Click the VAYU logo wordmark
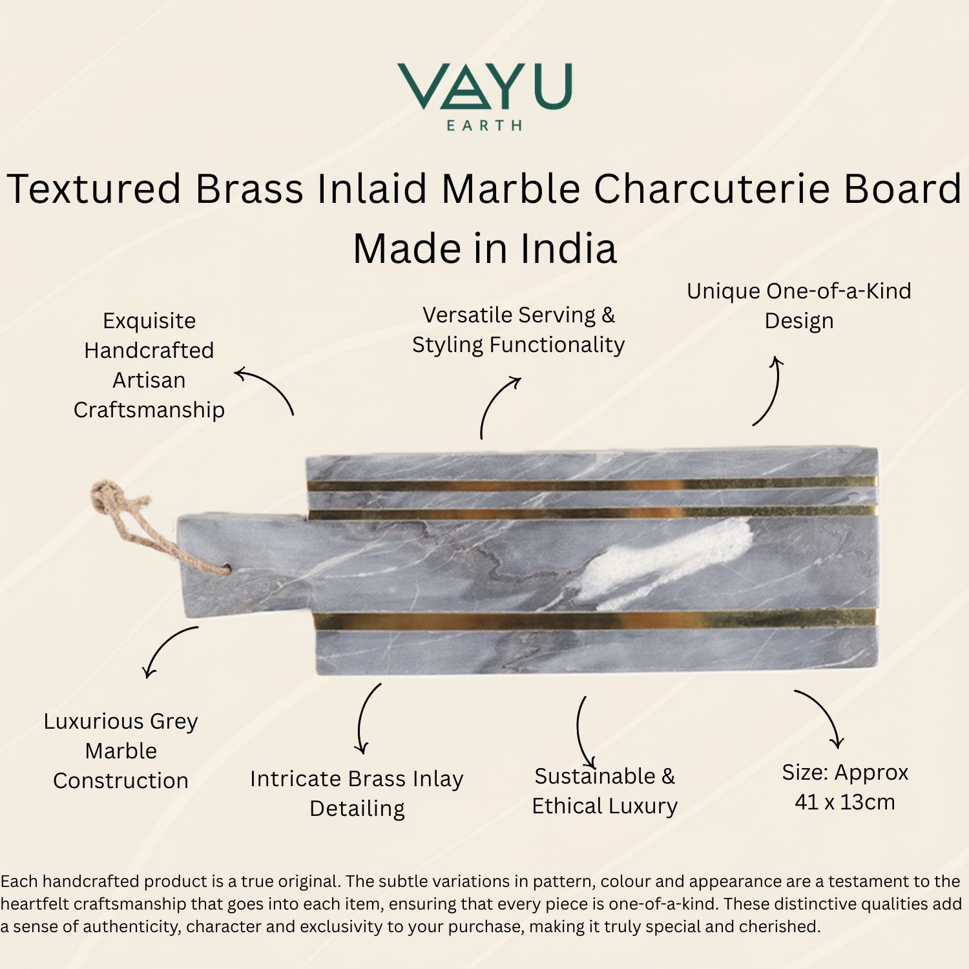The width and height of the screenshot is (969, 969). click(484, 86)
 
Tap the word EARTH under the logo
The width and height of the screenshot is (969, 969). click(484, 125)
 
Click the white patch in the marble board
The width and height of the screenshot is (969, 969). click(665, 562)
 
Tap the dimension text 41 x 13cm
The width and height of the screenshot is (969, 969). click(845, 802)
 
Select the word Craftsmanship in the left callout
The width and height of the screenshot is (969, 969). click(149, 410)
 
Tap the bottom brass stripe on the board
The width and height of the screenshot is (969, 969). click(594, 619)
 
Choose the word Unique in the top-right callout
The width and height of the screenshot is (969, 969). click(723, 292)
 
